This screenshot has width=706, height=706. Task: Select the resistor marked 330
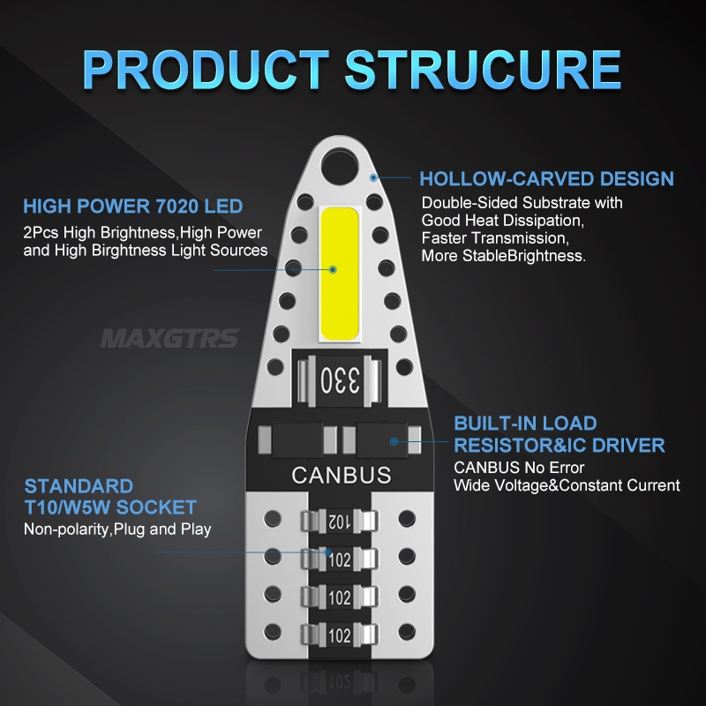(x=340, y=381)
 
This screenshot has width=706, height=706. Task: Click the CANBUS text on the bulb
(x=341, y=475)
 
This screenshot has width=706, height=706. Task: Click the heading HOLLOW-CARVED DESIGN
(x=546, y=179)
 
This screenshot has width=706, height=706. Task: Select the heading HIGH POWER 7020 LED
(x=133, y=207)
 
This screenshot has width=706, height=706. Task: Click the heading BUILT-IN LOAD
(x=525, y=424)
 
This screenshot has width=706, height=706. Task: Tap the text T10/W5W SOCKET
(x=110, y=507)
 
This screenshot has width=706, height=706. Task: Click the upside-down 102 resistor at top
(x=340, y=522)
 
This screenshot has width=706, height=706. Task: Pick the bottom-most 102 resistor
(x=340, y=635)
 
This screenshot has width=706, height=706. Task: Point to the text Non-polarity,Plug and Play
(x=117, y=529)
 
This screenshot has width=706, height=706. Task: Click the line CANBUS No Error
(x=519, y=467)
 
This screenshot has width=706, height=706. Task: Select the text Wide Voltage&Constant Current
(x=567, y=484)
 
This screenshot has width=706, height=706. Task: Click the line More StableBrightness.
(x=503, y=256)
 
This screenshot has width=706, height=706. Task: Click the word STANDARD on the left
(x=79, y=486)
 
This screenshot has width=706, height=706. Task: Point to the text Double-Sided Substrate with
(x=522, y=203)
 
